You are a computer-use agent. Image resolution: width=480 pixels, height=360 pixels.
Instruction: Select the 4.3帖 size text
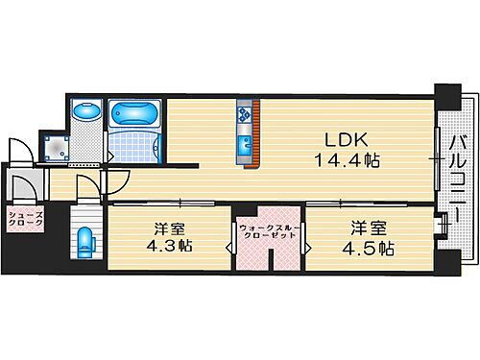[170, 246]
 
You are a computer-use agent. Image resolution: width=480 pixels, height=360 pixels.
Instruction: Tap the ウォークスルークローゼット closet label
[268, 231]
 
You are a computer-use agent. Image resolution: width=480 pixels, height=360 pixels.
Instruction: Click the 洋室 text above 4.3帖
[170, 228]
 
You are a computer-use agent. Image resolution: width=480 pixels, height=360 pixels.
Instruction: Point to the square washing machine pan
[56, 145]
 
